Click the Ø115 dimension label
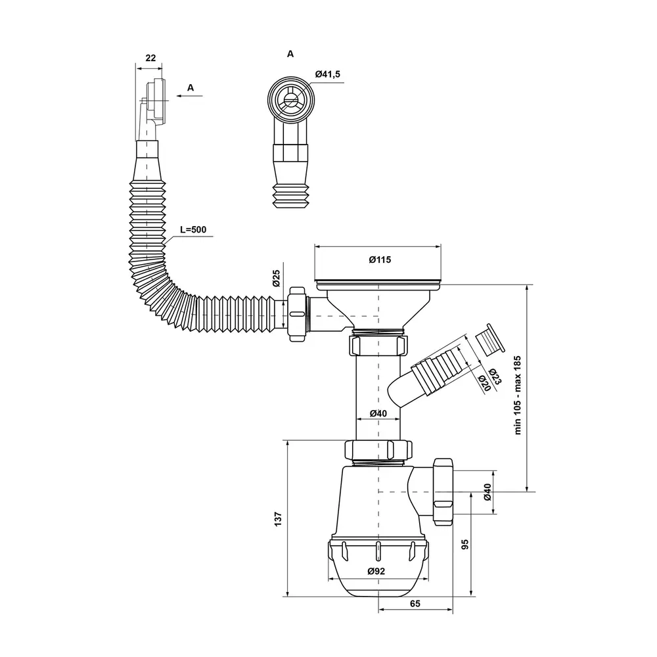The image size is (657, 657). [x=380, y=260]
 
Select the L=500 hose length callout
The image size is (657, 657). [x=193, y=229]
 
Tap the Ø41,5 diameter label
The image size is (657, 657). [x=328, y=74]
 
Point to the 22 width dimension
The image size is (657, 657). [x=150, y=58]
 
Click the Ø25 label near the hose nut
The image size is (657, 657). [x=276, y=278]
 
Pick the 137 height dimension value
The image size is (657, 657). [x=278, y=519]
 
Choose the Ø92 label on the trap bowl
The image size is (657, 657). [x=376, y=571]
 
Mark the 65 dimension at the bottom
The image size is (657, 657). [x=415, y=604]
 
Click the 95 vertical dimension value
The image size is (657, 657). [x=464, y=544]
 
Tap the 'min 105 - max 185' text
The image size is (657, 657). [x=518, y=395]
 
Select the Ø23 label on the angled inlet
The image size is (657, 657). [x=495, y=376]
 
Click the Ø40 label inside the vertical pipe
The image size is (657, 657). [x=378, y=413]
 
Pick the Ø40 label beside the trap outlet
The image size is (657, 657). [x=487, y=492]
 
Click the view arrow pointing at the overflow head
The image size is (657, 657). [x=189, y=96]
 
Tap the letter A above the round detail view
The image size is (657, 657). [x=290, y=54]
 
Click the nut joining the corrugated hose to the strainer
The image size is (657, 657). [x=297, y=314]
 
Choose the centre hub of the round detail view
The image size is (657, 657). [x=289, y=99]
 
